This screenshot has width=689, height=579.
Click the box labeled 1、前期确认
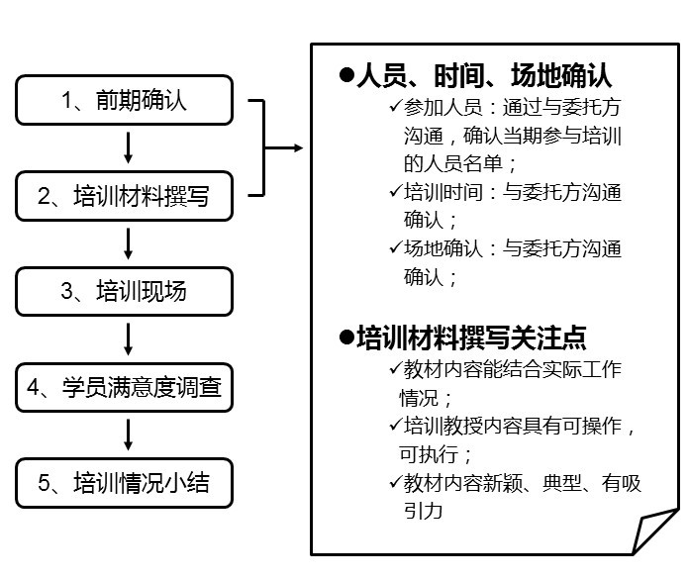coord(125,99)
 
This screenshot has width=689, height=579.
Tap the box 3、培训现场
coord(125,291)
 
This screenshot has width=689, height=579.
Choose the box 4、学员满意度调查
coord(125,388)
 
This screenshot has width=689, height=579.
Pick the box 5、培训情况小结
coord(125,484)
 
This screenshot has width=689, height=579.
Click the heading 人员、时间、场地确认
coord(484,76)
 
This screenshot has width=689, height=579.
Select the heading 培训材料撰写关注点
coord(471,338)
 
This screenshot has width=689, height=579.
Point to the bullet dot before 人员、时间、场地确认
coord(346,75)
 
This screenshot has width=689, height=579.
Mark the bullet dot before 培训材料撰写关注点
coord(346,337)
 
